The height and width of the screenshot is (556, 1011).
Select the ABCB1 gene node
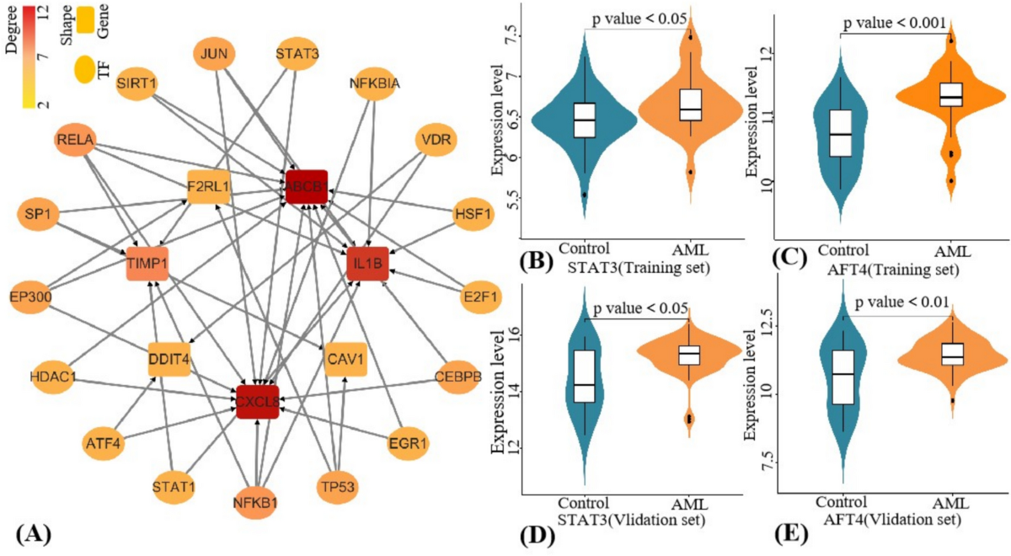[x=306, y=186]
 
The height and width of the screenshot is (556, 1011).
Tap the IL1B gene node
[x=368, y=264]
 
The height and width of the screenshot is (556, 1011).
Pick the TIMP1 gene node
[x=147, y=264]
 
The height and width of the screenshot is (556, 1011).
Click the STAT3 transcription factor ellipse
[x=297, y=57]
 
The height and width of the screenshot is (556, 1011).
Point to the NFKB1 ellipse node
[x=256, y=503]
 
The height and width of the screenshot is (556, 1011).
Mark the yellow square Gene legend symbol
[x=85, y=19]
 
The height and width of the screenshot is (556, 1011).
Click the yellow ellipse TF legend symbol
[x=85, y=69]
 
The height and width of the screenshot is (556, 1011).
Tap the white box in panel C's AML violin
[x=951, y=94]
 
